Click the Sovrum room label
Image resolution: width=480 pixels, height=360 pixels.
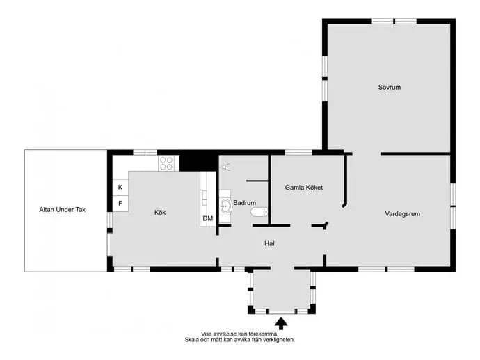tap(390, 87)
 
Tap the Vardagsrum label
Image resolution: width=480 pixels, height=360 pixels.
tap(403, 214)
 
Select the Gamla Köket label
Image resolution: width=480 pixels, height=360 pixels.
tap(304, 188)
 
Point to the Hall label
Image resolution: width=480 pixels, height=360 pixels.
tap(270, 243)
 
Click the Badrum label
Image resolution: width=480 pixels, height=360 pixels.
tap(245, 203)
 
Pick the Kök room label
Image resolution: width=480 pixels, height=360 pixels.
tap(160, 212)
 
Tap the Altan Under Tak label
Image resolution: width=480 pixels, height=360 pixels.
tap(62, 210)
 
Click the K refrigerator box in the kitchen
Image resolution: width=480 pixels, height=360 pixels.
tap(120, 187)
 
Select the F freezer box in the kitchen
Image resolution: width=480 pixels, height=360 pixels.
tap(120, 203)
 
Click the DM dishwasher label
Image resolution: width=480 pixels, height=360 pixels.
tap(208, 218)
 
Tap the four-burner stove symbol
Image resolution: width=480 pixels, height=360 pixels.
tap(166, 163)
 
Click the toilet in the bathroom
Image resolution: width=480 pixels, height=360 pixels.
tap(259, 212)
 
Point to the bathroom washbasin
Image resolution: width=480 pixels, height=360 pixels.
tap(226, 206)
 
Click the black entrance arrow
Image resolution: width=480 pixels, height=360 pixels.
tap(281, 323)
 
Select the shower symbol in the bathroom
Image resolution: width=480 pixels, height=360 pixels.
tap(226, 167)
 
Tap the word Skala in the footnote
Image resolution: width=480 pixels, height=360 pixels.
tap(191, 340)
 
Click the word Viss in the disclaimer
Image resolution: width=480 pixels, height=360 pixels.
tap(207, 334)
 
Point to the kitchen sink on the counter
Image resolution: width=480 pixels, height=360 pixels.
tap(205, 198)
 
